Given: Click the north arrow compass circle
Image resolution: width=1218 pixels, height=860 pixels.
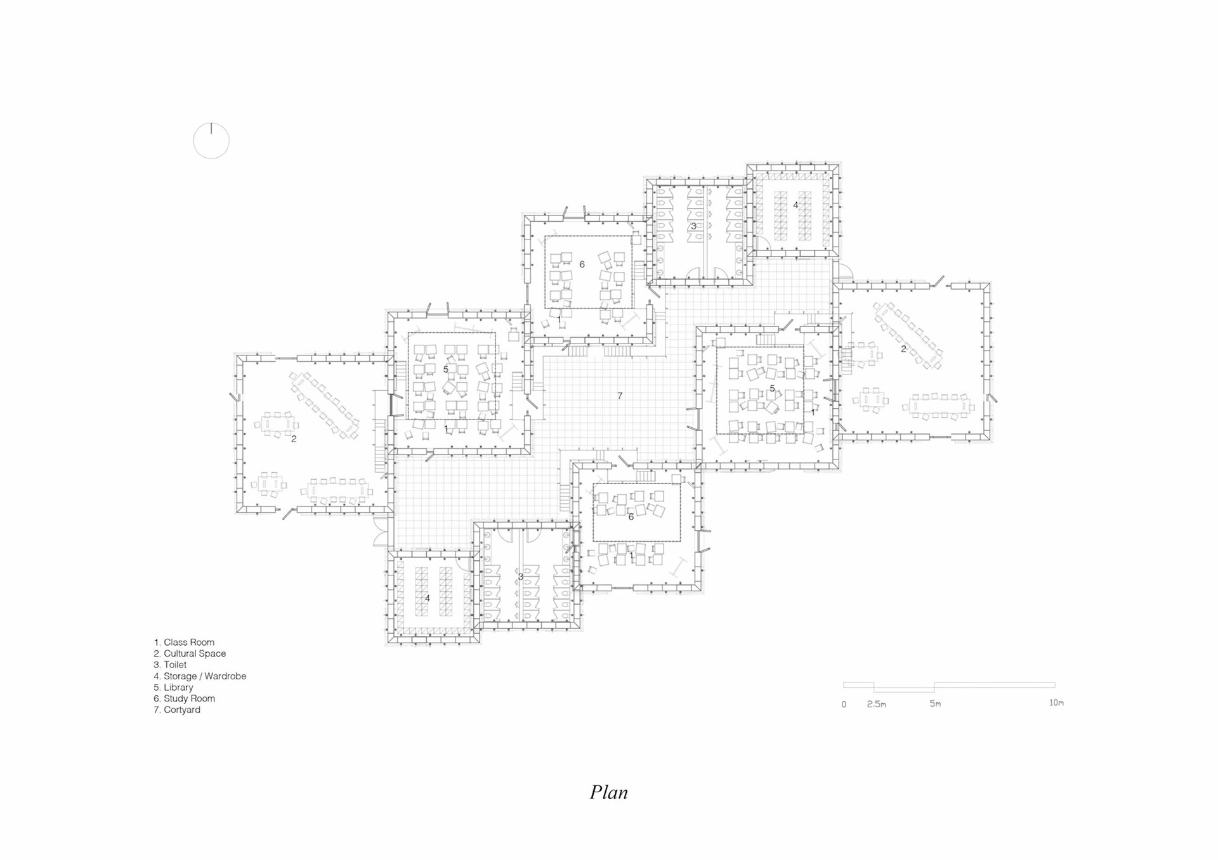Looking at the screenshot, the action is pyautogui.click(x=211, y=141).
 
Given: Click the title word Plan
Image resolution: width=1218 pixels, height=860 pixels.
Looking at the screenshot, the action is pyautogui.click(x=608, y=792).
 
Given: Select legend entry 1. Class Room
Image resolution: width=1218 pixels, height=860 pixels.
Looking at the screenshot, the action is pyautogui.click(x=184, y=642).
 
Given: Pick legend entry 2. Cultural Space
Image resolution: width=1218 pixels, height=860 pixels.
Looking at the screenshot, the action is pyautogui.click(x=190, y=653).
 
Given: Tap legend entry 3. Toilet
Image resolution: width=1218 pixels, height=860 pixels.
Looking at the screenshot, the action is pyautogui.click(x=170, y=665).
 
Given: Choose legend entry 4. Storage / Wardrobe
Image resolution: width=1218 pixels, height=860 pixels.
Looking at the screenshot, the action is pyautogui.click(x=200, y=676).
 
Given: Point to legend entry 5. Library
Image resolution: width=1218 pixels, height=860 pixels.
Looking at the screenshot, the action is pyautogui.click(x=173, y=687).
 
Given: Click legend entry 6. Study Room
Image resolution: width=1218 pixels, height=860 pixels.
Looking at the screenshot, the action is pyautogui.click(x=184, y=698).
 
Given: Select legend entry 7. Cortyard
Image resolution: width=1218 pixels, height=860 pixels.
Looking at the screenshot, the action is pyautogui.click(x=177, y=710).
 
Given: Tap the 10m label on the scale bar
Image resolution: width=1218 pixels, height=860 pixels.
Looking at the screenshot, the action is pyautogui.click(x=1056, y=703).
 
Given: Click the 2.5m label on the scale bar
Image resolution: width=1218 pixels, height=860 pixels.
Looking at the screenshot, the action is pyautogui.click(x=877, y=704).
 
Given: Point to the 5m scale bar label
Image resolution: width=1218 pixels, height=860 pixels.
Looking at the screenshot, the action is pyautogui.click(x=935, y=703).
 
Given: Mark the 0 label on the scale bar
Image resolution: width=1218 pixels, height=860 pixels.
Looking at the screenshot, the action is pyautogui.click(x=844, y=705).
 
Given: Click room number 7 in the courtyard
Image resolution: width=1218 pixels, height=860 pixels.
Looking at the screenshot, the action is pyautogui.click(x=620, y=396).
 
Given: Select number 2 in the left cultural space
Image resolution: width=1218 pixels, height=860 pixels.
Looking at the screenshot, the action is pyautogui.click(x=294, y=439).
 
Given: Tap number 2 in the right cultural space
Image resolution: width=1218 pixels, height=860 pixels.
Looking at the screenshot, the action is pyautogui.click(x=903, y=349).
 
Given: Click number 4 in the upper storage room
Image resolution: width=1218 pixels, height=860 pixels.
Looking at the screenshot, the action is pyautogui.click(x=796, y=205).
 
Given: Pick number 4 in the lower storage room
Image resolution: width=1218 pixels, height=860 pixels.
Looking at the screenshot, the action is pyautogui.click(x=427, y=598).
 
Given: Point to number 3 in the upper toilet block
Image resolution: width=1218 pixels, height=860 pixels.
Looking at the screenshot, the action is pyautogui.click(x=693, y=226).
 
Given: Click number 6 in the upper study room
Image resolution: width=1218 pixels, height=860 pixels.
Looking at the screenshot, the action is pyautogui.click(x=582, y=264).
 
